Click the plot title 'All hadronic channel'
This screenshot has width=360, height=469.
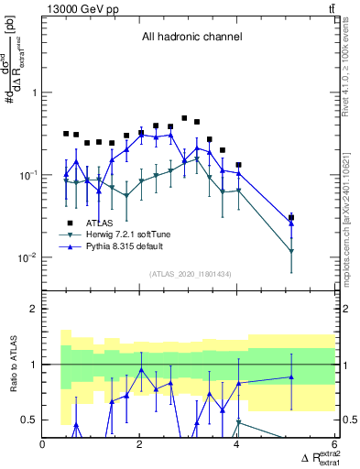(191, 38)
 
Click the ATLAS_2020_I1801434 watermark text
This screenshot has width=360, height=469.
(191, 275)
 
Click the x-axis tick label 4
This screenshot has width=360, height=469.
(238, 446)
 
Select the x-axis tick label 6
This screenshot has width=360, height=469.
(334, 446)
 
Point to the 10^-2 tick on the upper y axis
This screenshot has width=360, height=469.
(27, 257)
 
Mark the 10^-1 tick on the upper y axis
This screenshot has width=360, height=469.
(27, 175)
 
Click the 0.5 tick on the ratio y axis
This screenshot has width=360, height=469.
(29, 420)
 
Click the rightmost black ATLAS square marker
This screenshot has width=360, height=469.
(291, 217)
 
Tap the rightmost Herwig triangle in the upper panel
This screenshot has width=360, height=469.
(291, 251)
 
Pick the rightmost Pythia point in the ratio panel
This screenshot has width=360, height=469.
(291, 377)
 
